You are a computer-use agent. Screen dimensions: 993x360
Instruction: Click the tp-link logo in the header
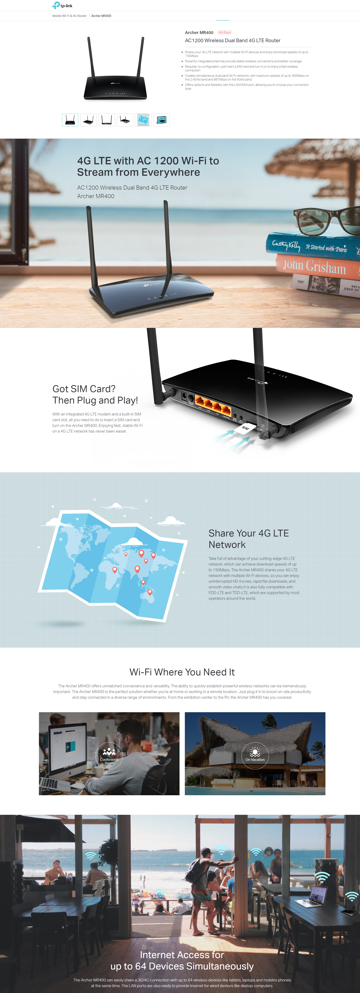(63, 5)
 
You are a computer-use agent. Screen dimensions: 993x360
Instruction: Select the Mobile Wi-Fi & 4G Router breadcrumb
(69, 16)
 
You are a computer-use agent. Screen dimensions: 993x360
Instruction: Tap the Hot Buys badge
(224, 32)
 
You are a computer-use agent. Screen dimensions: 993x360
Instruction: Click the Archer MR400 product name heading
(199, 32)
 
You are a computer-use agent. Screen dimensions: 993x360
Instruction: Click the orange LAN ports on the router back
(213, 405)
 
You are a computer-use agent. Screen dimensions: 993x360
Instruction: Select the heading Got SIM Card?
(84, 388)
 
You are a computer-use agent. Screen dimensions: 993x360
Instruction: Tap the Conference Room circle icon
(109, 756)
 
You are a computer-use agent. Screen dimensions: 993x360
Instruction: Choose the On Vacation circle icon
(255, 756)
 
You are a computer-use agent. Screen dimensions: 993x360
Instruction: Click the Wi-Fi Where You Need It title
(182, 672)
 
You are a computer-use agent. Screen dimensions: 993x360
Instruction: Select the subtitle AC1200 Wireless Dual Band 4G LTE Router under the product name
(232, 40)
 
